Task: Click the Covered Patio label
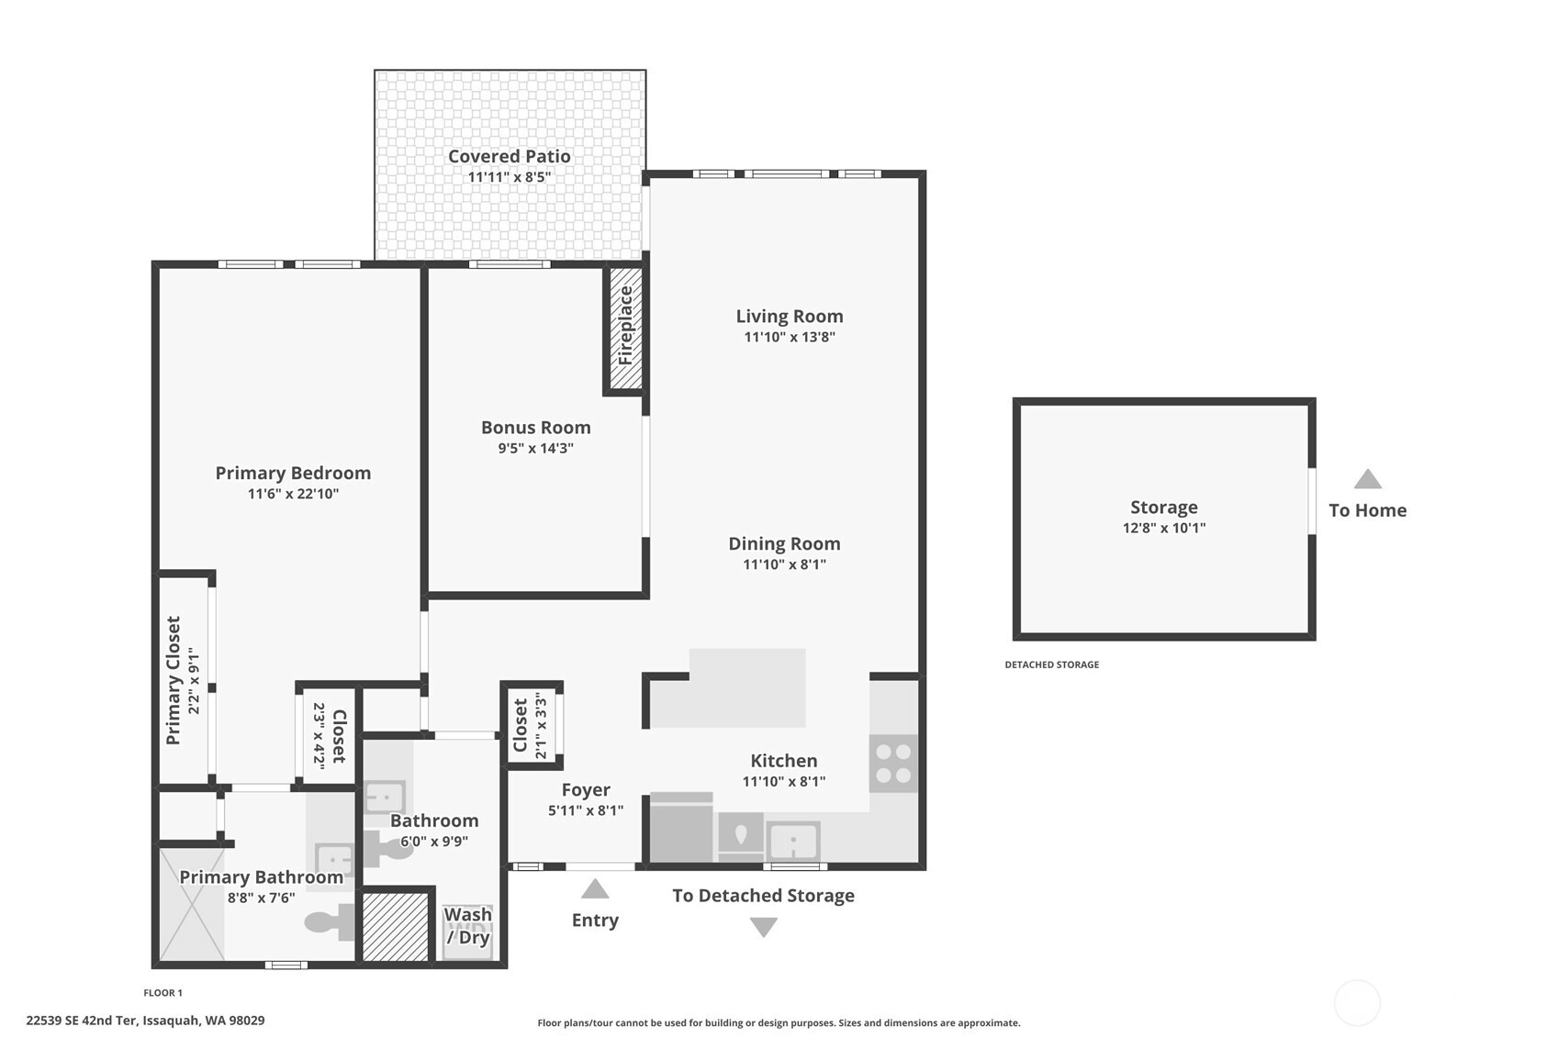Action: click(x=510, y=156)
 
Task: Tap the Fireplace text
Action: click(x=625, y=326)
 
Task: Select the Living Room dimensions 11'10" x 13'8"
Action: click(x=790, y=337)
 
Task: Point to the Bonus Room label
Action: click(x=535, y=427)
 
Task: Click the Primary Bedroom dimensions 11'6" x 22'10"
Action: click(x=293, y=494)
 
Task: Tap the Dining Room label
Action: click(x=784, y=543)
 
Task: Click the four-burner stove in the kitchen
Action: click(x=894, y=764)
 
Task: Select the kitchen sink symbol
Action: click(x=793, y=842)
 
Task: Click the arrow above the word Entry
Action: click(x=595, y=888)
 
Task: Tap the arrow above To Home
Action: click(x=1367, y=479)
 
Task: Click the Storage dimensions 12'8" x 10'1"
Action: click(x=1163, y=528)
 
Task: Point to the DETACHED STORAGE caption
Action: click(x=1051, y=664)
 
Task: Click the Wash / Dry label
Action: click(x=468, y=925)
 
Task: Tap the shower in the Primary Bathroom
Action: click(x=192, y=905)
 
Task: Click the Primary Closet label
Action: click(x=174, y=680)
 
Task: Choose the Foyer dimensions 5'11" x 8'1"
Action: click(x=586, y=810)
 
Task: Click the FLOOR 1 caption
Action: click(x=163, y=993)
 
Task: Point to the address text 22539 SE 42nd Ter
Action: click(x=82, y=1021)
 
